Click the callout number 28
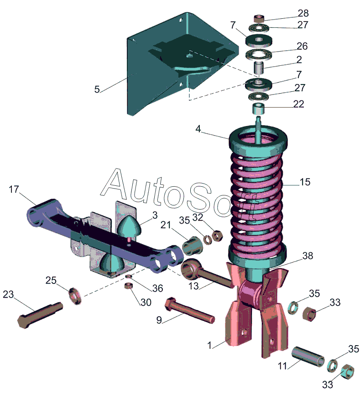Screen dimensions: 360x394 click(303, 13)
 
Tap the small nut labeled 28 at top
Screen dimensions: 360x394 click(259, 19)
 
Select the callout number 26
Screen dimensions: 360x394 click(302, 46)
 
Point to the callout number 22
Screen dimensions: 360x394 click(299, 104)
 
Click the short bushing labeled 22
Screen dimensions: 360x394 click(259, 108)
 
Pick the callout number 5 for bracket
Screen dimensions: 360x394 click(97, 89)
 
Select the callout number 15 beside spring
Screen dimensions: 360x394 click(305, 182)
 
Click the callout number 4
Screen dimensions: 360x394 click(198, 129)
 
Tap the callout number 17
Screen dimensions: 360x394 click(14, 189)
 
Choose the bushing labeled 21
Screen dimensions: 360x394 click(192, 246)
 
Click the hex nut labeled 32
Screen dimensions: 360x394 click(217, 236)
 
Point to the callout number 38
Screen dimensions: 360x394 click(308, 256)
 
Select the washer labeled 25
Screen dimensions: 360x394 click(75, 296)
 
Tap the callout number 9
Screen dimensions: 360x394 click(159, 320)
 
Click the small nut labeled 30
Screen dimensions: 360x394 click(129, 285)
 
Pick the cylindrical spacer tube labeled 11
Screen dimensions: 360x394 click(308, 357)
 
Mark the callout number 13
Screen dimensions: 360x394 click(193, 286)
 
